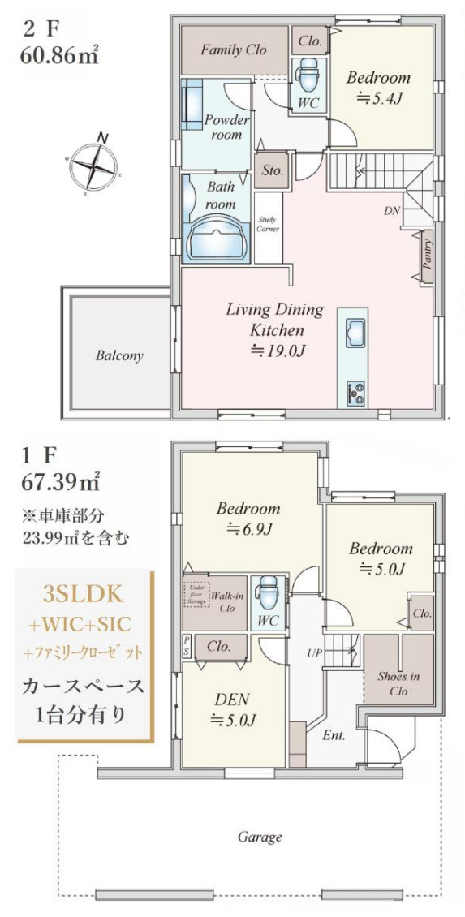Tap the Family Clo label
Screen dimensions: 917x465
tap(233, 50)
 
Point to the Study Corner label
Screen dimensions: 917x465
tap(269, 224)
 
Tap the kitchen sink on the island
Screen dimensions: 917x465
tap(355, 332)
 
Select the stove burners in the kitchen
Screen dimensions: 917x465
tap(355, 392)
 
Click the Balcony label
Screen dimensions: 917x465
tap(119, 355)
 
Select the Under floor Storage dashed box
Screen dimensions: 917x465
tap(196, 599)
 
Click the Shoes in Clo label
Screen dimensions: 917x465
tap(398, 683)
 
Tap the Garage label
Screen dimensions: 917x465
tap(259, 837)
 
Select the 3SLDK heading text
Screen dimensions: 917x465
tap(84, 592)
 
